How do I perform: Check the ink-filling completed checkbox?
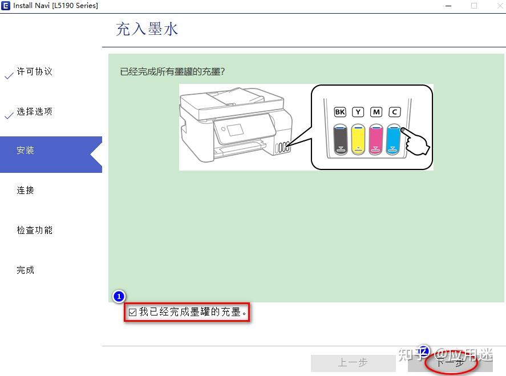point(133,312)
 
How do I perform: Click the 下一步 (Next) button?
point(450,362)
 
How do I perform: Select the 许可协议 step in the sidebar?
point(34,72)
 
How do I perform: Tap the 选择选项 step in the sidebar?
point(34,112)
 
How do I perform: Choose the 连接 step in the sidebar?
point(26,191)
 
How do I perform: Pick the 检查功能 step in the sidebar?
point(34,231)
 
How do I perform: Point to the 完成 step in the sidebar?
point(26,270)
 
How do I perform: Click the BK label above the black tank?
point(340,112)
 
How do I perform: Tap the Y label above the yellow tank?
point(358,112)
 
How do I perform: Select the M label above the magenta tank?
point(375,112)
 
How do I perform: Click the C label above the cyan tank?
point(394,112)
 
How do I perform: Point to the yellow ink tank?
point(358,139)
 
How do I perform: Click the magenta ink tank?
point(375,139)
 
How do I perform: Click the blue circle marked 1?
point(119,297)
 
